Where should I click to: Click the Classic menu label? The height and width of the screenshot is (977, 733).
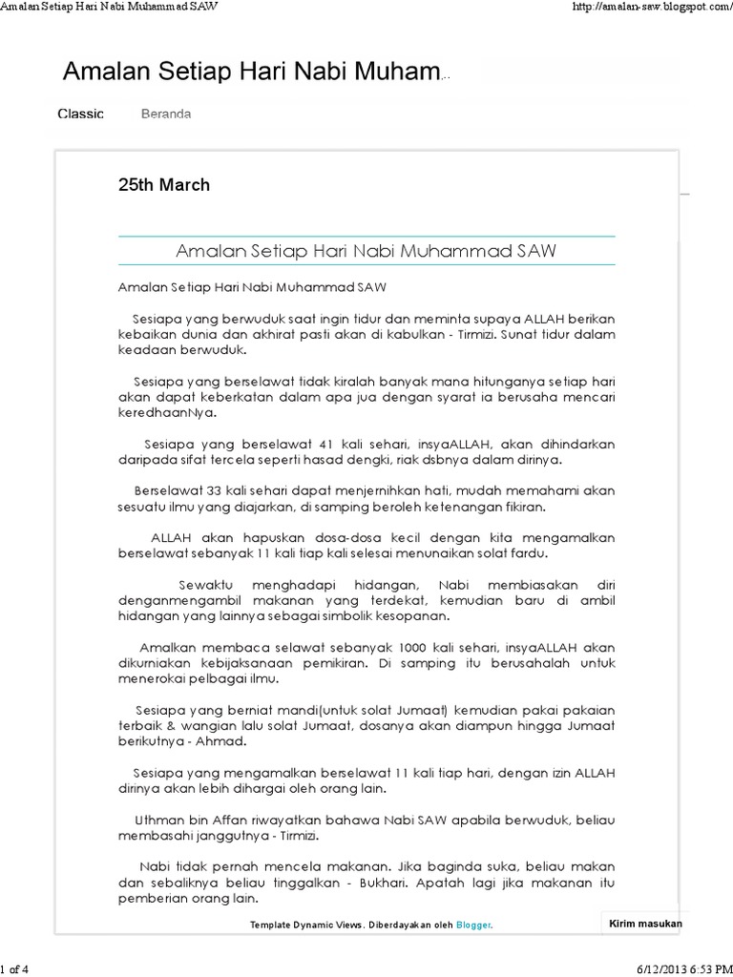click(80, 114)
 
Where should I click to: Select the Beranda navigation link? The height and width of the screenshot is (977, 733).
click(166, 114)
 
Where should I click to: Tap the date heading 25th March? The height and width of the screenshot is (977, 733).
click(163, 185)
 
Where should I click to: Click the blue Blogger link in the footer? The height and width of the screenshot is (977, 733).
click(473, 925)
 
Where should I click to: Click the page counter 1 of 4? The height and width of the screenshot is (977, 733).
click(16, 969)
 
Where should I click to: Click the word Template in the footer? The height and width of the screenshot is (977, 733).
click(272, 925)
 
